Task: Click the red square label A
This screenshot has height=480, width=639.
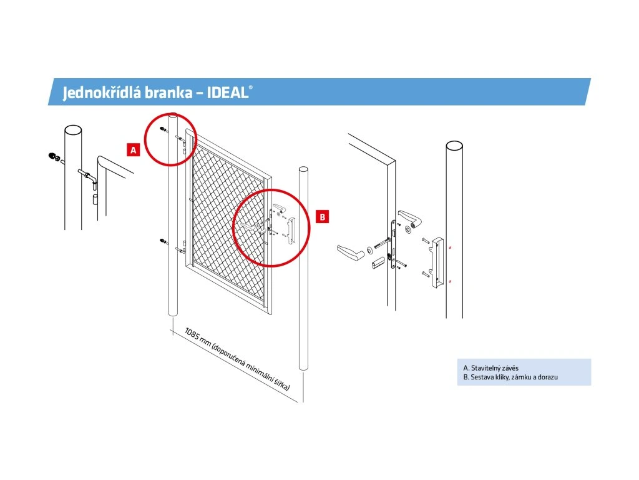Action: [x=134, y=150]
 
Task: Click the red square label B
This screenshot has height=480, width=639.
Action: [x=323, y=217]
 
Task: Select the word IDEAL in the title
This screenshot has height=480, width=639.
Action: [x=227, y=92]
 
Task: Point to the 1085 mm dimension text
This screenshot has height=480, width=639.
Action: [x=237, y=359]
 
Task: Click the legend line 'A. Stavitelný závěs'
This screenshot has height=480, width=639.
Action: [x=490, y=367]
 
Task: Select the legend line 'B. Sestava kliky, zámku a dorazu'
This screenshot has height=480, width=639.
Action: [x=510, y=377]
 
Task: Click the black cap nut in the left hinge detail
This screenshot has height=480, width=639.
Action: [x=52, y=156]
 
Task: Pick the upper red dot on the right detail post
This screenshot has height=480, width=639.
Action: [x=450, y=247]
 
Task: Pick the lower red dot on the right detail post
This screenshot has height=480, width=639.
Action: [x=450, y=281]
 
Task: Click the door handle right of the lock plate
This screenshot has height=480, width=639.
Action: [x=409, y=218]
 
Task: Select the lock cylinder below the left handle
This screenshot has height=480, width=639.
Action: [x=379, y=262]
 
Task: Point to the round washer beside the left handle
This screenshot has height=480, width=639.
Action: [x=369, y=250]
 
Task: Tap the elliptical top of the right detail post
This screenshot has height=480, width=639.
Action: [x=454, y=146]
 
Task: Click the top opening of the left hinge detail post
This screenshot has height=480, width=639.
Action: [x=73, y=130]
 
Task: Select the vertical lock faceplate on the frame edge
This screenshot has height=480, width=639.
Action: [x=393, y=244]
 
